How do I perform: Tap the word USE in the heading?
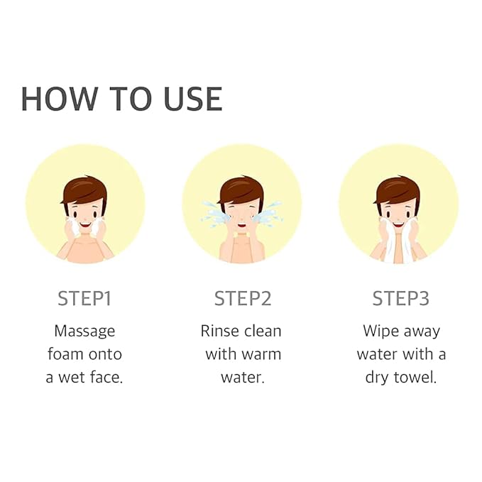(x=193, y=99)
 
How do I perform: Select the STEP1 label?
(x=84, y=298)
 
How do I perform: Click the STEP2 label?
(x=243, y=298)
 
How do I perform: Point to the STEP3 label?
(x=400, y=298)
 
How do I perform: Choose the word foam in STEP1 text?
(x=64, y=354)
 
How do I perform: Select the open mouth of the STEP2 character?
(x=242, y=225)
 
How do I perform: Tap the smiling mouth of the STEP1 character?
(x=85, y=225)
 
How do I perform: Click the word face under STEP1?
(x=106, y=377)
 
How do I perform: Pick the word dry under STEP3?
(x=377, y=378)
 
